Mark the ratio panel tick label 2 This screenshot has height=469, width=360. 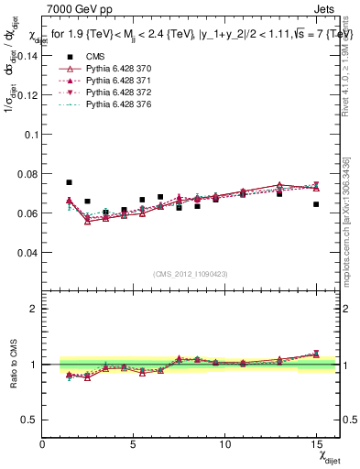[33, 309]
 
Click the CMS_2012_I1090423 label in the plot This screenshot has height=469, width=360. [190, 273]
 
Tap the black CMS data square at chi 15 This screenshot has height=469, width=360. [316, 204]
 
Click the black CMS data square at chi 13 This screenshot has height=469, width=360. [279, 193]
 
